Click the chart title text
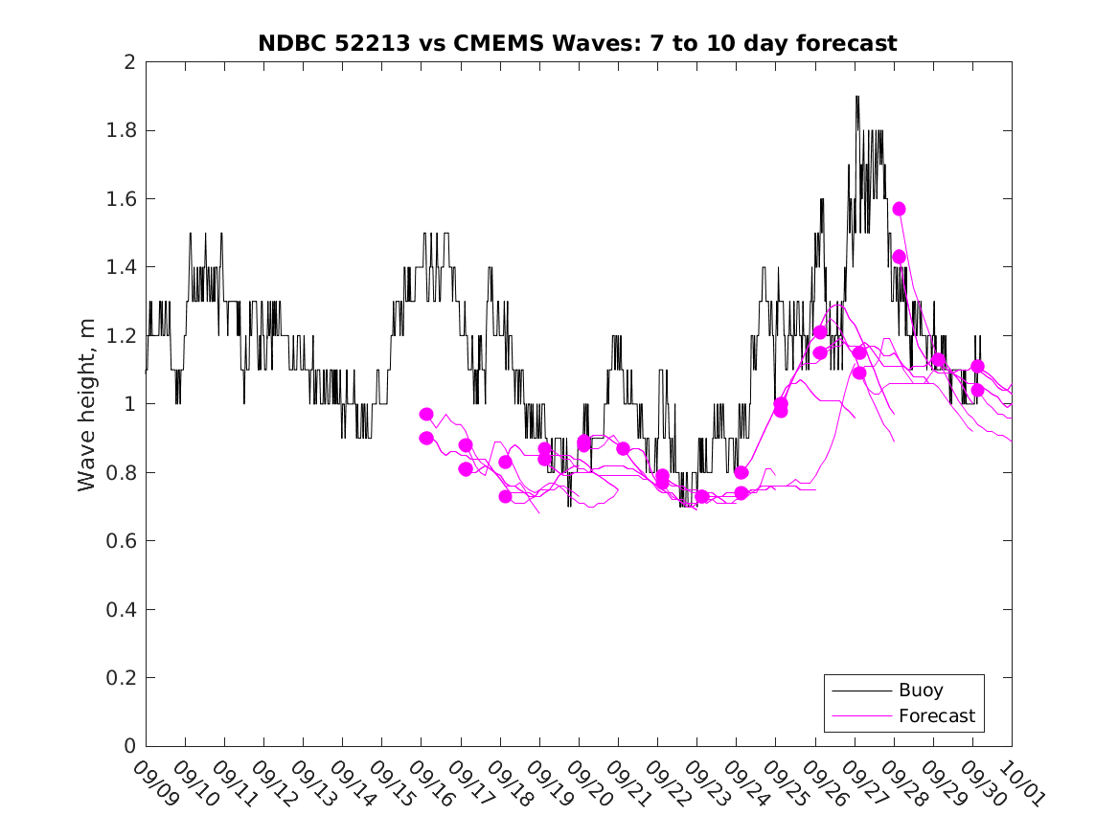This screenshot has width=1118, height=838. (578, 43)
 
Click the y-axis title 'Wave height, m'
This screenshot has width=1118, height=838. (87, 404)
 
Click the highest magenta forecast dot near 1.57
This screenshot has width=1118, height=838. (899, 209)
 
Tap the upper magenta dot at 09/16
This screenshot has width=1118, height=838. (426, 415)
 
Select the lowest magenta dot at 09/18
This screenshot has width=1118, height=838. (505, 496)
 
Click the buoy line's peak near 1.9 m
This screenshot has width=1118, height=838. (856, 97)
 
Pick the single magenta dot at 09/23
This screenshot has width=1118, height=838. (702, 496)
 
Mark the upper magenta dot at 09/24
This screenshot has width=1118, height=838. (742, 472)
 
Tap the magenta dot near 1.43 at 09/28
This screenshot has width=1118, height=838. (899, 257)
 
